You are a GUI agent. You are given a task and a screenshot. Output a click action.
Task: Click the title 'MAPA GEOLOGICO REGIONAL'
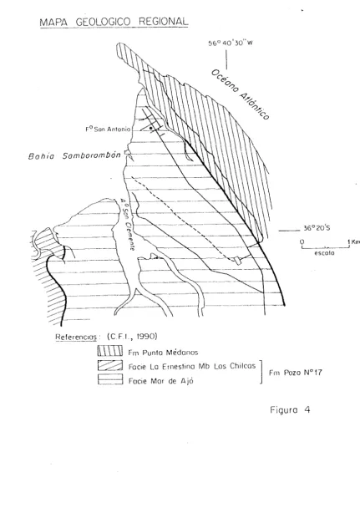tap(114, 22)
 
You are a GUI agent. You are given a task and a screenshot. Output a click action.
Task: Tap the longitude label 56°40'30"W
tap(231, 43)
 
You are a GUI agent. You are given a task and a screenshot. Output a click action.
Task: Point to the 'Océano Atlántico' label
tap(241, 94)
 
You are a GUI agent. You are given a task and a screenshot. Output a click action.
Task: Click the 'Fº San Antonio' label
tap(108, 130)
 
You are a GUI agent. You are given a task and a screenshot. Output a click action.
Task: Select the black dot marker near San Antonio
tap(150, 129)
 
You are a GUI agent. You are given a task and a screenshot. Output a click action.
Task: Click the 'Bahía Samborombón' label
tap(74, 156)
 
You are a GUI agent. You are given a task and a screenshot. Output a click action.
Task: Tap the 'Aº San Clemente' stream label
tap(127, 224)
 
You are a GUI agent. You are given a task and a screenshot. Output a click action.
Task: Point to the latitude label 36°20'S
tap(317, 228)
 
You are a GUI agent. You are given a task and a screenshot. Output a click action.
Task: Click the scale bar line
tap(325, 247)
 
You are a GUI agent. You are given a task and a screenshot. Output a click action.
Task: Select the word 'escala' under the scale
tap(324, 253)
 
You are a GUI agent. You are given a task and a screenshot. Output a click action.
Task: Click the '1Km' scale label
tap(354, 241)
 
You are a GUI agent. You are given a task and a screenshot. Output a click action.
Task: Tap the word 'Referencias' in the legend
tap(76, 337)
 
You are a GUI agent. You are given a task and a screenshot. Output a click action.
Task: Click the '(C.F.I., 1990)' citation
tap(132, 337)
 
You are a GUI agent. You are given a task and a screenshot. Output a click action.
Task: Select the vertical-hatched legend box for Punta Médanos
tap(110, 351)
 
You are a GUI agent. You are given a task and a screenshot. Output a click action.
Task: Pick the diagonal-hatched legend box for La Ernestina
tap(110, 365)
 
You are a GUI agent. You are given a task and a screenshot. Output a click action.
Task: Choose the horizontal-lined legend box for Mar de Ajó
tap(110, 379)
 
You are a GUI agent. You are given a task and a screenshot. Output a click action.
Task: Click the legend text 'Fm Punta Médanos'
tap(163, 353)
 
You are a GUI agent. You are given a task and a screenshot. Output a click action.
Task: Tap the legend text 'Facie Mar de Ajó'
tap(161, 381)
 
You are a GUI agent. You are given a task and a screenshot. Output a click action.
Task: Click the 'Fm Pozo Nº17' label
tap(295, 373)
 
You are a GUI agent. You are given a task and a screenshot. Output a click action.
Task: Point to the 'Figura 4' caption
tap(290, 410)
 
